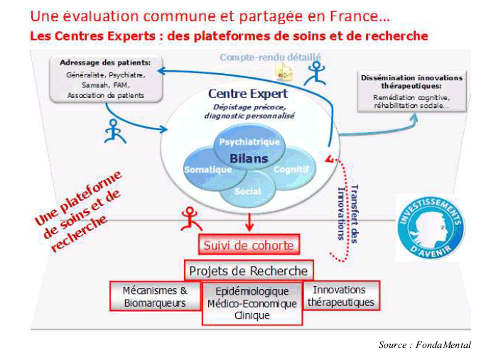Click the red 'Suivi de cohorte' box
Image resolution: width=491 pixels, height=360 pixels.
[249, 244]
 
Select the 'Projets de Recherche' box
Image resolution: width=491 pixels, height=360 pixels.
[249, 271]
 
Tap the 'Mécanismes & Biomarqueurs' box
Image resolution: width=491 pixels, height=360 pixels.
[155, 296]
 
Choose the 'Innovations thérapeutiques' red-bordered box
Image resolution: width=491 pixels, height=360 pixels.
[341, 295]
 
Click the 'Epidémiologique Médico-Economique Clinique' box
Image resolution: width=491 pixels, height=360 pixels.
[252, 303]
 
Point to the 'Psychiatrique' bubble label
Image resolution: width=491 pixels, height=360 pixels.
[249, 142]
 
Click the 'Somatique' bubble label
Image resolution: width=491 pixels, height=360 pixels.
[208, 170]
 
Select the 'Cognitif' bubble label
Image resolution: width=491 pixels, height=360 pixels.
[291, 169]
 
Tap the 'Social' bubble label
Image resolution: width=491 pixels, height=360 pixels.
[247, 191]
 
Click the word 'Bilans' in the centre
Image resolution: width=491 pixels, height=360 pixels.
[249, 158]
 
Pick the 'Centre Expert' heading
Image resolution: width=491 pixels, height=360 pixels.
[248, 94]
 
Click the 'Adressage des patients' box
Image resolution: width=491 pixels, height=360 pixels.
[106, 79]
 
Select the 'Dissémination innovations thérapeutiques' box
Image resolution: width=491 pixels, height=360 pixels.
[412, 92]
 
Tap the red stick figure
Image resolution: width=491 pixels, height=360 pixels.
[191, 219]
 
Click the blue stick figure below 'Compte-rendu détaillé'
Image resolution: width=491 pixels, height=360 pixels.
[315, 74]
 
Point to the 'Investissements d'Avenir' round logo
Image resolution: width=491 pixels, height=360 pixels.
[431, 227]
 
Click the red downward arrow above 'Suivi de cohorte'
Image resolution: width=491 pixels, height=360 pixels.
[249, 222]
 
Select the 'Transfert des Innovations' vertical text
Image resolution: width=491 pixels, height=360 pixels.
[348, 214]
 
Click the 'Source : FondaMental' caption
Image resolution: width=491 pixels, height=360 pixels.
[425, 344]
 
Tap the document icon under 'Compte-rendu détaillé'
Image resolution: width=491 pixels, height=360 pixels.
[284, 72]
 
